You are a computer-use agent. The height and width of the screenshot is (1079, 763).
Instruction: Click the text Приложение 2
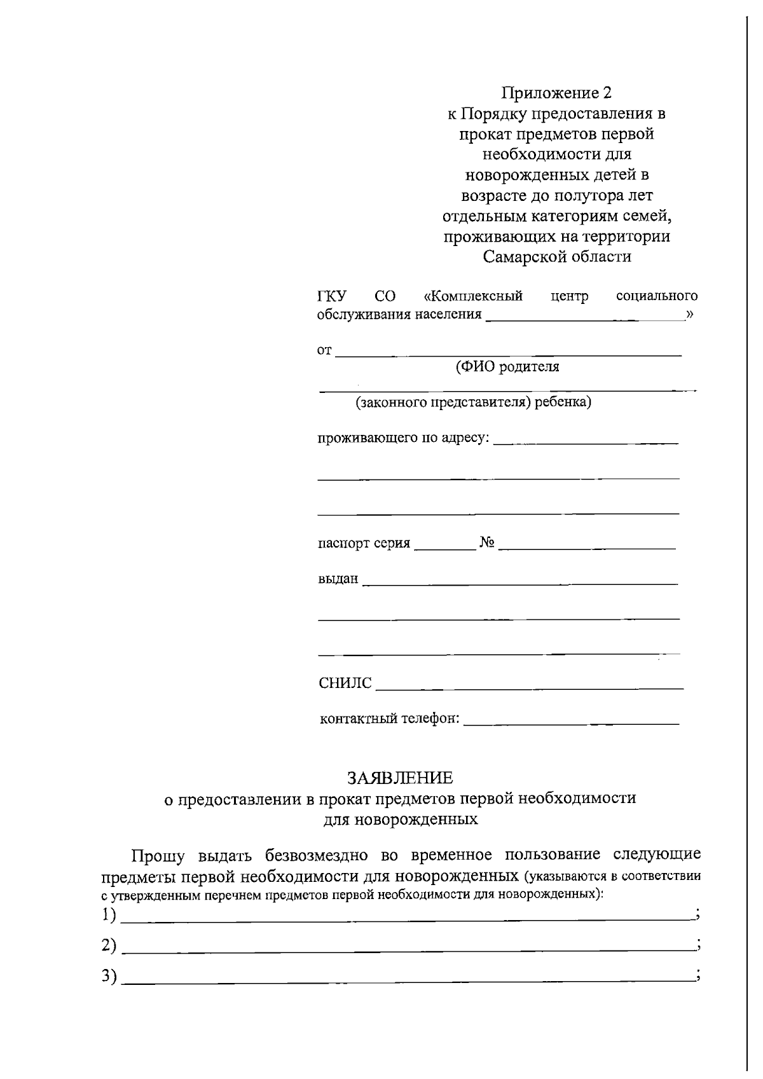[556, 93]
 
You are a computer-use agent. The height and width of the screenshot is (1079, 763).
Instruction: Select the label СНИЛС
[345, 684]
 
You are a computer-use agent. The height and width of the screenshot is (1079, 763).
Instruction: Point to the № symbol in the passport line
[487, 543]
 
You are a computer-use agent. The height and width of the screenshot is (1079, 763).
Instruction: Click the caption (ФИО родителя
[507, 367]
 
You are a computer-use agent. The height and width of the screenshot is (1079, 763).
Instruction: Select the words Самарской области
[556, 257]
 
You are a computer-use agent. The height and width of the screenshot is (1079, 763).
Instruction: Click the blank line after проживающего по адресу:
[585, 441]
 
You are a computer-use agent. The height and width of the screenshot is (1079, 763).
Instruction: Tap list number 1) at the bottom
[109, 916]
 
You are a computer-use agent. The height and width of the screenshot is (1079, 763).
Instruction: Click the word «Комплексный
[473, 296]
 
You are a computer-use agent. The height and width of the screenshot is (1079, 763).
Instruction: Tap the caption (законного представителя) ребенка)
[473, 402]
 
